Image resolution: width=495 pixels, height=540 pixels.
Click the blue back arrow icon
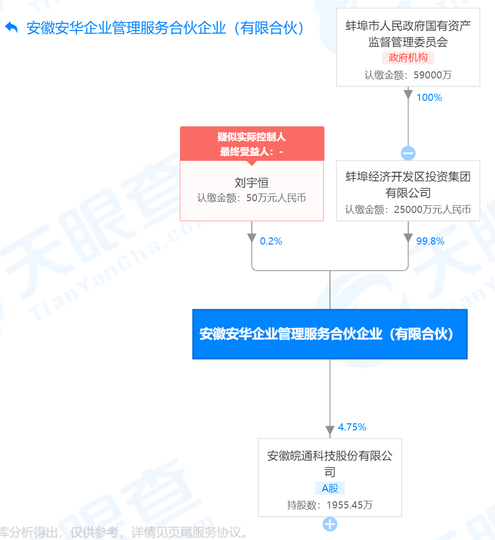pos(11,28)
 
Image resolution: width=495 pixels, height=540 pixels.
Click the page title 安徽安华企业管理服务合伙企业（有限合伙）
pos(166,28)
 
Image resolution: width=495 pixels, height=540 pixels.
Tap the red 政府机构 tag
pos(408,58)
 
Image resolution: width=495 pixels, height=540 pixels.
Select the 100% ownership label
pos(429,98)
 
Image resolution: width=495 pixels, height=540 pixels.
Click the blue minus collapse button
pos(408,153)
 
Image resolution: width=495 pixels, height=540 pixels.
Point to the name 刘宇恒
pos(252,182)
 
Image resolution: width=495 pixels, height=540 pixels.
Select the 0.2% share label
pos(270,241)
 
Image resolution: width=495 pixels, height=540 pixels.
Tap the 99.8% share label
pos(430,241)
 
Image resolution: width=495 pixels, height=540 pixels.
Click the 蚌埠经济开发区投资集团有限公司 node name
pos(408,185)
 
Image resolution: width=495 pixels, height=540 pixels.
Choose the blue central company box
pos(329,334)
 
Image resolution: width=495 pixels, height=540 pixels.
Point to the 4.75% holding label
pos(352,427)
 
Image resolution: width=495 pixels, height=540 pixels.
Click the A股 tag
pos(329,489)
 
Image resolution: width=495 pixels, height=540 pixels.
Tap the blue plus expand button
pos(329,524)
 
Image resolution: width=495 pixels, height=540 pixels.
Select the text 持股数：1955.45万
pos(329,505)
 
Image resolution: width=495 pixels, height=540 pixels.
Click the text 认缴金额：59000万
pos(408,75)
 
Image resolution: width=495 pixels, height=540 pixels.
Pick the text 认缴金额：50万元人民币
pos(252,198)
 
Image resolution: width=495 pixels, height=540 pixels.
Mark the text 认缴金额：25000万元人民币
pos(408,209)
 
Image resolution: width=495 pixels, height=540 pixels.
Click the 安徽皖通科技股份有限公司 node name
pos(329,463)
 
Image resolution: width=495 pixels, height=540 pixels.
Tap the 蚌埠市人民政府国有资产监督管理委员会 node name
pos(408,34)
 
